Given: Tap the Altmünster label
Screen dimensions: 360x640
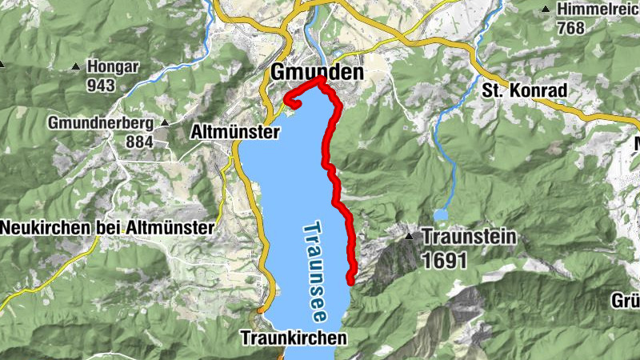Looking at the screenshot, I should [x=235, y=131].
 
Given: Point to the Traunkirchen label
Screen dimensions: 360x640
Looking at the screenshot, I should [x=294, y=338].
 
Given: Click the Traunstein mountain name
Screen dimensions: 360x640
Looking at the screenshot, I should [x=469, y=237].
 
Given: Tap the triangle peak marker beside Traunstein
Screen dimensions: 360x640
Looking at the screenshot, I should [x=409, y=237].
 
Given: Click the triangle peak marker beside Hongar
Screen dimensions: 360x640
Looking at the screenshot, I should [x=76, y=66].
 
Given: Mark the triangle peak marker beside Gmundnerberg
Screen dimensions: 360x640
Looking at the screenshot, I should [x=165, y=123].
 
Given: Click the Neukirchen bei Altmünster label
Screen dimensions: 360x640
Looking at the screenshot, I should [x=107, y=227].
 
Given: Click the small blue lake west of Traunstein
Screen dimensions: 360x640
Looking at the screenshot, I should [x=441, y=214].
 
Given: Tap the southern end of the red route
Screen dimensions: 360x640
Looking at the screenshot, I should [x=350, y=279].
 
